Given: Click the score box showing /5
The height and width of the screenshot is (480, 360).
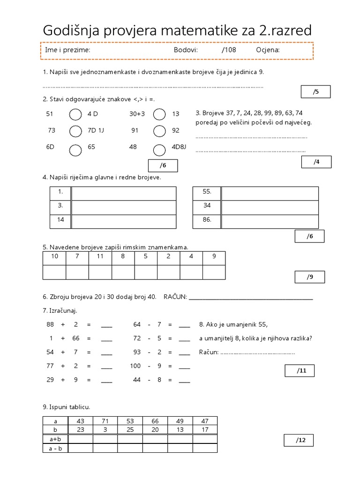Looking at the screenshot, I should (315, 92).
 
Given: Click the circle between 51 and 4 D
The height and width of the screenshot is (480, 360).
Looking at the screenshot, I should (75, 114).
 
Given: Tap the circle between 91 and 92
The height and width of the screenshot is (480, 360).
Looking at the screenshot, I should (159, 131).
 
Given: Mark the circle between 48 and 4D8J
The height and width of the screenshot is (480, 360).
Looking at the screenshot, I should (159, 149).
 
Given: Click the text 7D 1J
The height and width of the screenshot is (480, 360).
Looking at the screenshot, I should (96, 131).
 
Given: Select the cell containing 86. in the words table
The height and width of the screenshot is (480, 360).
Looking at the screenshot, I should (207, 219).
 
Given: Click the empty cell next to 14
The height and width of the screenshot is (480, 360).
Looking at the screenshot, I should (123, 219).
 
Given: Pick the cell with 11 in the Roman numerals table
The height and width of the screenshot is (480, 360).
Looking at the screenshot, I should (100, 256).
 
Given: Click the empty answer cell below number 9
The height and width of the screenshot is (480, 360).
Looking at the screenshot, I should (214, 272).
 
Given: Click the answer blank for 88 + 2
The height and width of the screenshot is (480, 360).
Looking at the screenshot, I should (107, 325).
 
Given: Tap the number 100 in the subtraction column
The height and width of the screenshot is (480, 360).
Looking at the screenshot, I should (135, 367).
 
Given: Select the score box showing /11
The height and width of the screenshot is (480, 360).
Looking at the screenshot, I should (299, 371).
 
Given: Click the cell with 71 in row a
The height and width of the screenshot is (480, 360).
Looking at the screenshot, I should (105, 421).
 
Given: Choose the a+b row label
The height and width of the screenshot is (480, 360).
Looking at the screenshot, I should (55, 439).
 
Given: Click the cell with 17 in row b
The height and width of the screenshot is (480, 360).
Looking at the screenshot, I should (204, 430).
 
